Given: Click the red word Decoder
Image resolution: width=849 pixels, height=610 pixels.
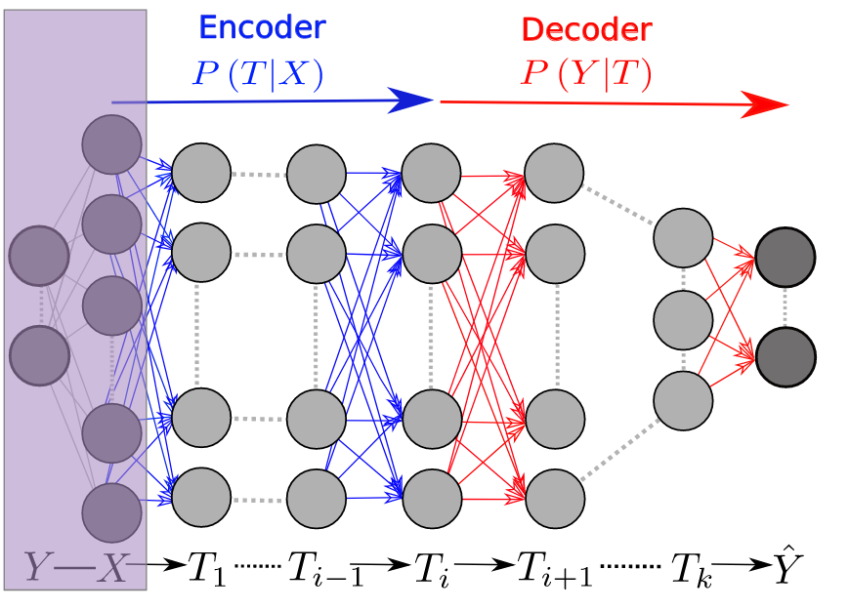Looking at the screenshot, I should pyautogui.click(x=585, y=29).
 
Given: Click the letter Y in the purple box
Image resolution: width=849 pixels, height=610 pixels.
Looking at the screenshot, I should pyautogui.click(x=39, y=567).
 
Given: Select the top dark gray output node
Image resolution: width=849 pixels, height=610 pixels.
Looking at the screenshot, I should pyautogui.click(x=785, y=258).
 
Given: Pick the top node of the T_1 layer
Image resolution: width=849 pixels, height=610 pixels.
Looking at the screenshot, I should pyautogui.click(x=201, y=174).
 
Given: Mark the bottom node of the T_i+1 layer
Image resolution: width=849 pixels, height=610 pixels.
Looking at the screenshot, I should pyautogui.click(x=555, y=497).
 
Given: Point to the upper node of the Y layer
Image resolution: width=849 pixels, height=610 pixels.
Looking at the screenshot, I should pyautogui.click(x=39, y=256).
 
